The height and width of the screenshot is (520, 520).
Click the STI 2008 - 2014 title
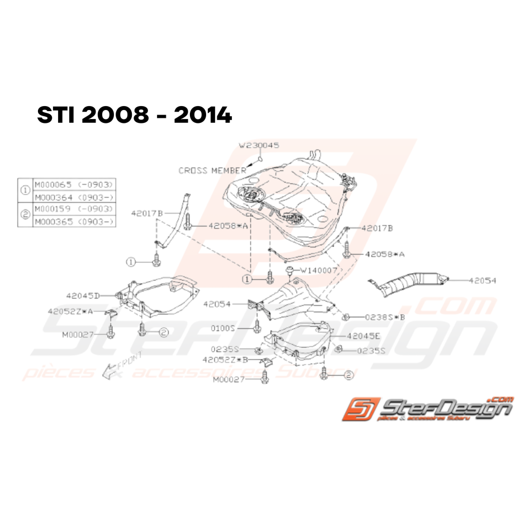click(134, 116)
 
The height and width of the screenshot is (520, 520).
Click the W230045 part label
click(259, 145)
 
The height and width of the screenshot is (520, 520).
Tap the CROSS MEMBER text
click(212, 170)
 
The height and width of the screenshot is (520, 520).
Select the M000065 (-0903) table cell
click(74, 184)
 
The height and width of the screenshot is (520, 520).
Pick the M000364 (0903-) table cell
click(74, 197)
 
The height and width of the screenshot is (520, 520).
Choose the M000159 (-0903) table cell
click(74, 209)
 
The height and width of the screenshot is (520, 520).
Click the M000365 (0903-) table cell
click(74, 222)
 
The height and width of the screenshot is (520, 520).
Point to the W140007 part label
click(319, 270)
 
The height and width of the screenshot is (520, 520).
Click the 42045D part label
click(82, 295)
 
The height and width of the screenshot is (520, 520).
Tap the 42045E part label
click(363, 336)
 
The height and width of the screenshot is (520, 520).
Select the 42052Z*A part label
click(69, 311)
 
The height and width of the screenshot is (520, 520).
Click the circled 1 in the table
click(25, 190)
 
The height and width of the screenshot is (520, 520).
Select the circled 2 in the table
click(25, 215)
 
